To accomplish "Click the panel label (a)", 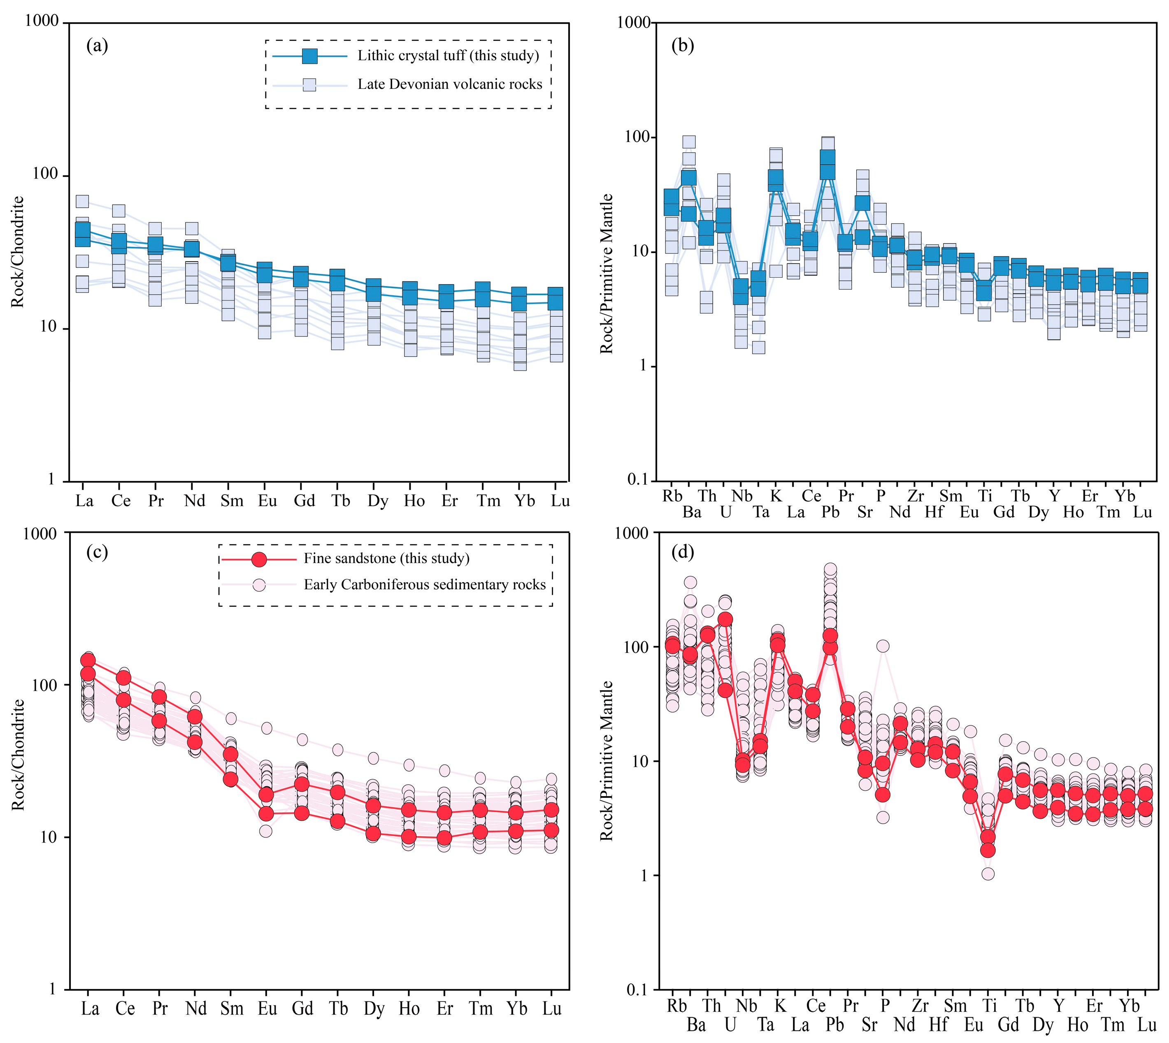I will tap(97, 45).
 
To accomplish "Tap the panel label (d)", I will tap(683, 552).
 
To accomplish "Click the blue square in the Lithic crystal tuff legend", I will tap(309, 56).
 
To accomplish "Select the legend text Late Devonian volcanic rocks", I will tap(449, 85).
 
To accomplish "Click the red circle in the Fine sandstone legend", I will tap(259, 559).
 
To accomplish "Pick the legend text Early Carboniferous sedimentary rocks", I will tap(424, 585).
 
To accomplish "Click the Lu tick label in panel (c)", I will tap(552, 1008).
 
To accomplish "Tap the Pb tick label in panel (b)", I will tap(830, 512).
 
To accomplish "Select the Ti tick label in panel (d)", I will tap(990, 1006).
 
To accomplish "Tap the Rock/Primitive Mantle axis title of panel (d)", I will tap(606, 760).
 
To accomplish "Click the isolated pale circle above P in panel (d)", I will tap(883, 646).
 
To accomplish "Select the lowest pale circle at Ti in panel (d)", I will tap(988, 874).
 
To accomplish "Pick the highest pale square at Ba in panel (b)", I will tap(689, 142).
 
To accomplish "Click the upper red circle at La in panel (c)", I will tap(88, 660).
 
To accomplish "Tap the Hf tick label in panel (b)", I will tap(934, 512).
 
